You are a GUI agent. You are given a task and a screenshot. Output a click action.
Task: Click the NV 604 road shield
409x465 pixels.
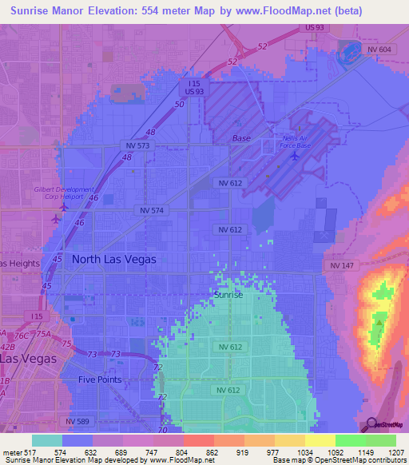(x=380, y=49)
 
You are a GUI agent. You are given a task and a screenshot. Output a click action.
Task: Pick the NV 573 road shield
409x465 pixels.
(x=138, y=145)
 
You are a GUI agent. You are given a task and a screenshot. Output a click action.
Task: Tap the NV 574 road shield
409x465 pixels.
(x=150, y=210)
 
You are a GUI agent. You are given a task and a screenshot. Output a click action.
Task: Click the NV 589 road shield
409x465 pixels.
(x=78, y=421)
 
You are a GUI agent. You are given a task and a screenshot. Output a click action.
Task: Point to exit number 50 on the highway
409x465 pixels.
(x=180, y=104)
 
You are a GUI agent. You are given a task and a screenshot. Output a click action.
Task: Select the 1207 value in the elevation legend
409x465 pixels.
(x=397, y=451)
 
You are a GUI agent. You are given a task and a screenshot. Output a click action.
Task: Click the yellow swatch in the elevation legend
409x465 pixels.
(x=319, y=440)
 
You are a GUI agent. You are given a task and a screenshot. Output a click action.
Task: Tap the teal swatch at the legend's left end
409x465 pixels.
(x=47, y=440)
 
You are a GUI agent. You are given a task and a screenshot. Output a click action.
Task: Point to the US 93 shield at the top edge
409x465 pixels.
(x=314, y=28)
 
